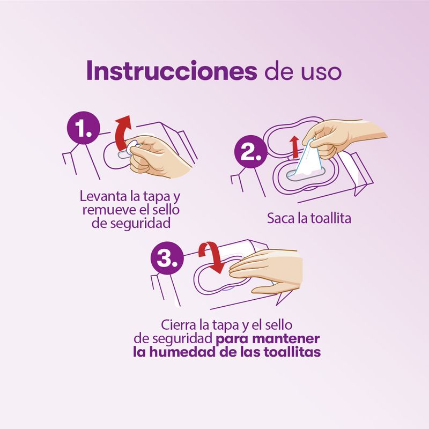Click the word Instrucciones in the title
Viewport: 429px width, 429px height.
click(x=172, y=71)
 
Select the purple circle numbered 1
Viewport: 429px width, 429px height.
click(x=84, y=128)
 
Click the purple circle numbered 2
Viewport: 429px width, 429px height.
click(x=250, y=152)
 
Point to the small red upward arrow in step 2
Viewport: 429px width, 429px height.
click(x=294, y=147)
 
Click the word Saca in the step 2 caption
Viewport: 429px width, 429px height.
click(x=279, y=219)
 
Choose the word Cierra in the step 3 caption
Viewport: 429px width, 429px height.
click(x=179, y=325)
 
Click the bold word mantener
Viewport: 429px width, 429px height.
click(x=286, y=339)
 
